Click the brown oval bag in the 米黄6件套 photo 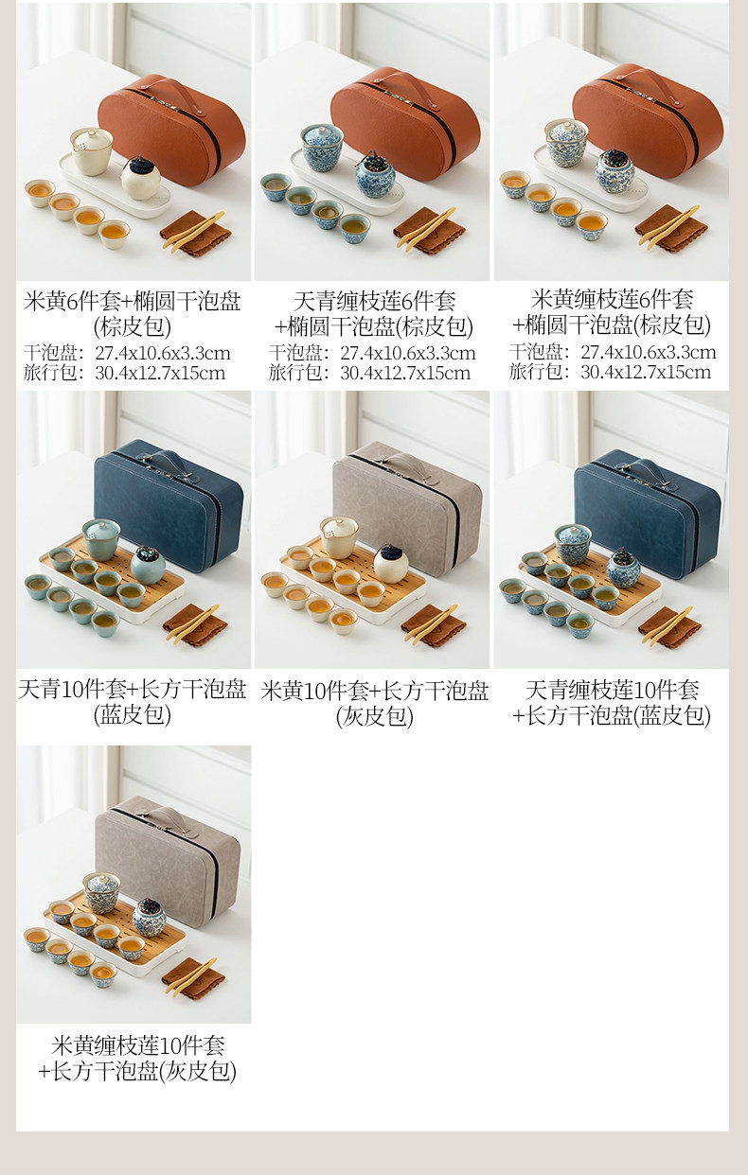[171, 131]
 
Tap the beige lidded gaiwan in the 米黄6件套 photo [91, 151]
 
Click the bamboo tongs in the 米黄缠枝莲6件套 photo [668, 226]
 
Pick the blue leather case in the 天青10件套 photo [169, 504]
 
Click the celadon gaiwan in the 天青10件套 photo [100, 539]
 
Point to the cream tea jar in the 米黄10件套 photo [391, 564]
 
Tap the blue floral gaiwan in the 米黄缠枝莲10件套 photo [101, 893]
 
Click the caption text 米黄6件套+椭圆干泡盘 [133, 302]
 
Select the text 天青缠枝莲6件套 [374, 301]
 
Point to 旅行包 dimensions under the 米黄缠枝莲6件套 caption [610, 372]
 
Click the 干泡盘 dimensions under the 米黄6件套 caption [127, 353]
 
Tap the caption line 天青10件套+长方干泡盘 [133, 689]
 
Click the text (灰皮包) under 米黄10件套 [374, 716]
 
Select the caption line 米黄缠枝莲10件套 [138, 1045]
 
